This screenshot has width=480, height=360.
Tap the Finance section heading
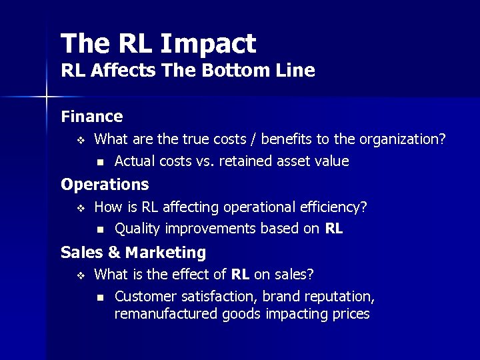point(92,117)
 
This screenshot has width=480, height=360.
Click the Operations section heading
point(105,184)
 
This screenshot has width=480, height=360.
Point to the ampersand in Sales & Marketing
point(114,253)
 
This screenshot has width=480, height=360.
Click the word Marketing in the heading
point(165,253)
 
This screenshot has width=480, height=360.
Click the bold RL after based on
point(334,229)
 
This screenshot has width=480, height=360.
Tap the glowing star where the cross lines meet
point(47,97)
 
